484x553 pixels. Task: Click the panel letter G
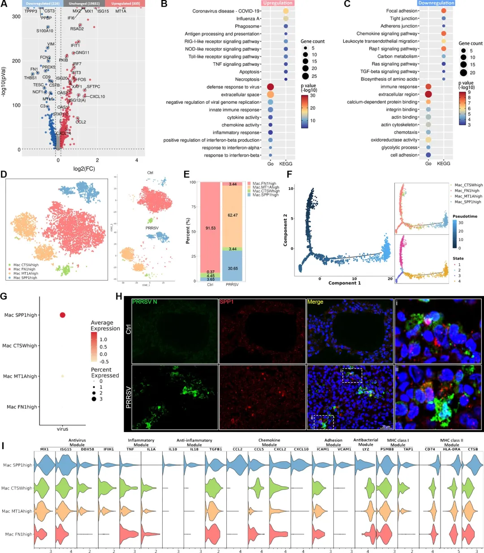(x=4, y=296)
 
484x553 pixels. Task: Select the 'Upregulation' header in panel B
(x=278, y=3)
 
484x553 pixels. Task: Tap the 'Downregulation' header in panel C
(x=436, y=3)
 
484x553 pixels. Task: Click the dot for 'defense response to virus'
(x=271, y=87)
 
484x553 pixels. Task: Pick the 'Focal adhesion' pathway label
(x=402, y=11)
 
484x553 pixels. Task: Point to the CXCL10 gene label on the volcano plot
(x=97, y=97)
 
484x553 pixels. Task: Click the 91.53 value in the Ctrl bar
(x=210, y=228)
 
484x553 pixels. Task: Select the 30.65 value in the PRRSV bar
(x=233, y=268)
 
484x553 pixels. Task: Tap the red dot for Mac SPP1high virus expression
(x=62, y=315)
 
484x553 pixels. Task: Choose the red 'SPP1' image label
(x=227, y=302)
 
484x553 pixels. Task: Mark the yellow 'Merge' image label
(x=315, y=302)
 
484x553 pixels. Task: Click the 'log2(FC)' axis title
(x=84, y=169)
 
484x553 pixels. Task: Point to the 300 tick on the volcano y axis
(x=16, y=17)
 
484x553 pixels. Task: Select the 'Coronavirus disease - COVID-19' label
(x=226, y=11)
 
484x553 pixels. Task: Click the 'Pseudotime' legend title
(x=465, y=216)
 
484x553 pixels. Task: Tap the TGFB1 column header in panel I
(x=215, y=449)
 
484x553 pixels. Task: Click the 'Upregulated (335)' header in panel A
(x=125, y=4)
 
